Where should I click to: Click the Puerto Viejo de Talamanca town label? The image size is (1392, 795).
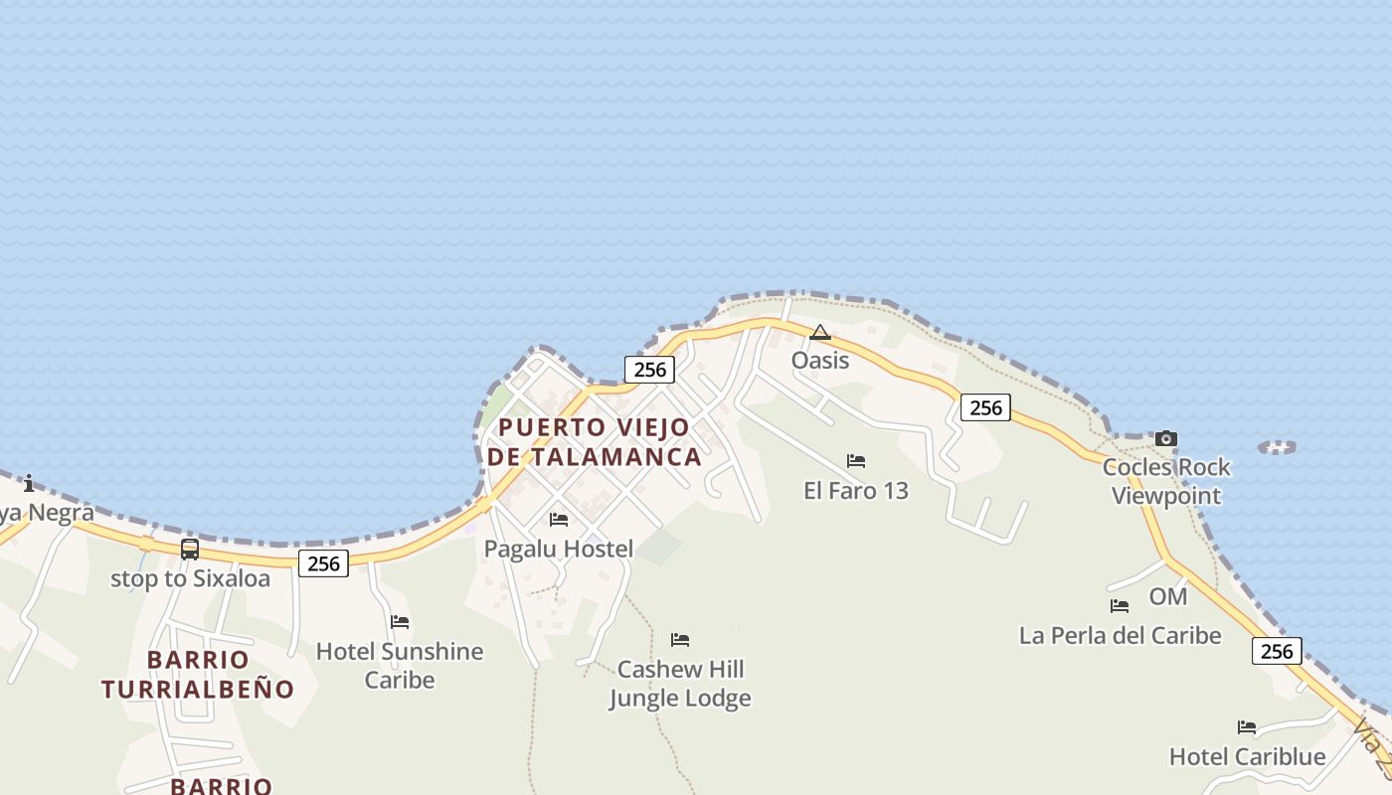click(x=594, y=442)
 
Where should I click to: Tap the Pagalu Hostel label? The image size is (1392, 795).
click(x=558, y=549)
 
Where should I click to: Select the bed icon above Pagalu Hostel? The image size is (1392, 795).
click(x=559, y=520)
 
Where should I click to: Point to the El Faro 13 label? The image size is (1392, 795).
click(x=856, y=490)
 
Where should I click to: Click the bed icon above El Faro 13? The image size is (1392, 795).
click(x=856, y=461)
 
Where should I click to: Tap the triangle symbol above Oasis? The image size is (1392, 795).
click(x=820, y=332)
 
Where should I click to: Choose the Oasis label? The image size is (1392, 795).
click(x=820, y=360)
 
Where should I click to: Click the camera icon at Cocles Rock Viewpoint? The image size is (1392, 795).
click(x=1166, y=438)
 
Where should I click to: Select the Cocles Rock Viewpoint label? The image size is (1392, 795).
click(x=1166, y=481)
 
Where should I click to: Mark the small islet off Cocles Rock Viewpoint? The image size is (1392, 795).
click(x=1277, y=448)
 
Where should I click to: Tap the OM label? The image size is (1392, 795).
click(x=1168, y=596)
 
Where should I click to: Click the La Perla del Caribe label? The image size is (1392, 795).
click(x=1120, y=635)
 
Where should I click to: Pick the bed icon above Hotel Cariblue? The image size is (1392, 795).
click(x=1247, y=727)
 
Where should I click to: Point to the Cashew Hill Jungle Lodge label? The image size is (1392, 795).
click(x=680, y=684)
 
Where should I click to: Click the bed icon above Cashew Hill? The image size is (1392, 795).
click(x=680, y=639)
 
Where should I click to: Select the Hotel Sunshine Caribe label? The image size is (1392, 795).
click(x=400, y=666)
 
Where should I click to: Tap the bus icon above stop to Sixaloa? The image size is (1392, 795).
click(x=190, y=549)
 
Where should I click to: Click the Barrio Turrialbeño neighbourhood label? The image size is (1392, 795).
click(x=198, y=675)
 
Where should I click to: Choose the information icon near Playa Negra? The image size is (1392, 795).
click(x=29, y=484)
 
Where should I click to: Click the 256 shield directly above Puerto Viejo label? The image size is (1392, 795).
click(x=649, y=370)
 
